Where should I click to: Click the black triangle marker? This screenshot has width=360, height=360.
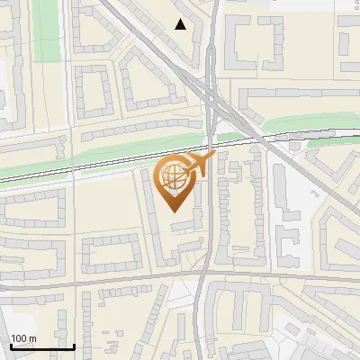click(x=181, y=24)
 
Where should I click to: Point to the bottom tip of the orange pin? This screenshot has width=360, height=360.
click(x=175, y=212)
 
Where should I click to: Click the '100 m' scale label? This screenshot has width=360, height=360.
click(x=22, y=338)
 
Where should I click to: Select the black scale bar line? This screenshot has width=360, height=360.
click(x=41, y=346)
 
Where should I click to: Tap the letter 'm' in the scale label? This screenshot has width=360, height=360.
click(x=31, y=338)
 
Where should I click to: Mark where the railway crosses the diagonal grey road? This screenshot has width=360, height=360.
click(x=261, y=139)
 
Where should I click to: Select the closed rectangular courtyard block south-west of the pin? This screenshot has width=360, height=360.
click(x=112, y=253)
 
